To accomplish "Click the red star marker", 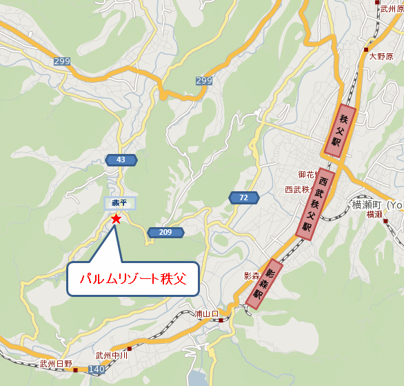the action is [x=116, y=219].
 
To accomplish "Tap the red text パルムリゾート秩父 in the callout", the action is [x=133, y=280].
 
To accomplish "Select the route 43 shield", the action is [x=121, y=160].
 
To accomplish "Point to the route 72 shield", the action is [x=244, y=198].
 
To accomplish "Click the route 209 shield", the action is [x=165, y=233].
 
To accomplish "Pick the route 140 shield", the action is [x=97, y=371].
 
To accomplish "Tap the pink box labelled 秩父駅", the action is [x=339, y=129].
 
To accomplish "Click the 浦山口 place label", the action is [x=206, y=313].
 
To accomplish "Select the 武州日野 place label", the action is [x=55, y=364].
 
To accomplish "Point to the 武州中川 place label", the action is [x=112, y=356].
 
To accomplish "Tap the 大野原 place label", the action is [x=381, y=57].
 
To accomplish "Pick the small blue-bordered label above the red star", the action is [x=120, y=203].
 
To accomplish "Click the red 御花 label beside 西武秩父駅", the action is [x=306, y=175].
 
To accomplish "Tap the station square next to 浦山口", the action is [x=221, y=320].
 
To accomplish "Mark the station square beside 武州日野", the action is [x=75, y=370].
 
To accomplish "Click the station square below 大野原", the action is [x=367, y=49].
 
